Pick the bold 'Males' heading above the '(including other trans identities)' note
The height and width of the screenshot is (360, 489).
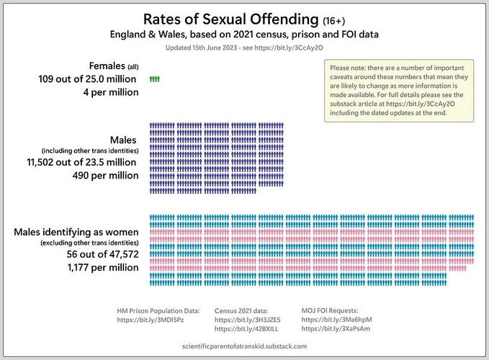(x=123, y=139)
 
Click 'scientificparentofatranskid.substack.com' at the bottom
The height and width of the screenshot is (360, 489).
(x=245, y=346)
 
